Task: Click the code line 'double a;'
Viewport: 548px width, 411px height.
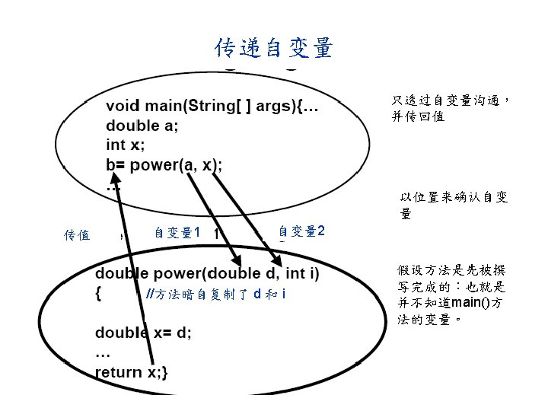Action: (x=142, y=126)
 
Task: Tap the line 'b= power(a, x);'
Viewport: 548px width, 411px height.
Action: (x=164, y=164)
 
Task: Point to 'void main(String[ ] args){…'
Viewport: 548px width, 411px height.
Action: (x=212, y=107)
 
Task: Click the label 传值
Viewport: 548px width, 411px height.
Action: (x=78, y=234)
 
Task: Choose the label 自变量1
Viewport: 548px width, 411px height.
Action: (x=177, y=233)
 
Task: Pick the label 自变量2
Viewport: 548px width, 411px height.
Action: (x=301, y=231)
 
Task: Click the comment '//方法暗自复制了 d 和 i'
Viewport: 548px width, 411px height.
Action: (x=215, y=295)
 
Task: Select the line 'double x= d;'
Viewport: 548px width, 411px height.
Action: (x=143, y=333)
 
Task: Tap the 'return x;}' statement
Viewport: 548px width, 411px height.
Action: (x=132, y=371)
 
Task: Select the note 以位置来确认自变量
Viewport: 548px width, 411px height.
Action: (x=454, y=205)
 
